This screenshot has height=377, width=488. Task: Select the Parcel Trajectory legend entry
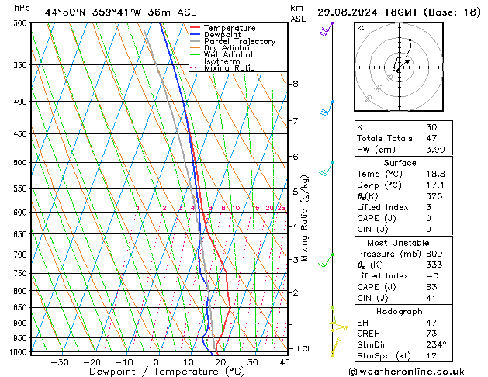[x=239, y=42]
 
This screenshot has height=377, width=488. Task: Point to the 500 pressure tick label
[x=21, y=163]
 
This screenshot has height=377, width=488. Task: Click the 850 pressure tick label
[x=21, y=308]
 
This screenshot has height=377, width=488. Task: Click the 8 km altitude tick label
[x=295, y=84]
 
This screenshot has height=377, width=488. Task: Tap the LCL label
[x=305, y=349]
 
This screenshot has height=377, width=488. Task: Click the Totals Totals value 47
[x=431, y=138]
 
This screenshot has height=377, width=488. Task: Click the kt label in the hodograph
[x=360, y=27]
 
